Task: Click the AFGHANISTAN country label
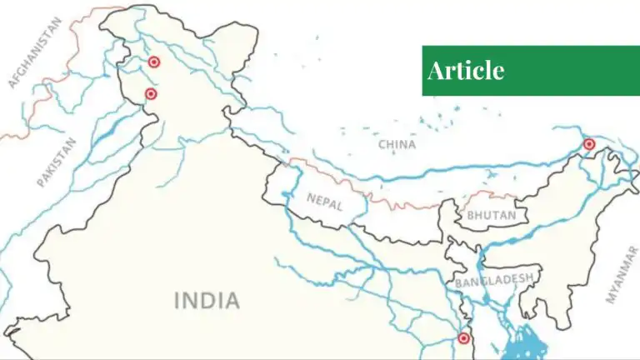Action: [35, 52]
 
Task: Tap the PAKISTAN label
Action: [57, 162]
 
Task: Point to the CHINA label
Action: [397, 144]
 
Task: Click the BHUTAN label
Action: [486, 216]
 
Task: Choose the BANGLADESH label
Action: [494, 281]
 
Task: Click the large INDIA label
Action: [207, 300]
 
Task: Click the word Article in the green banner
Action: [466, 71]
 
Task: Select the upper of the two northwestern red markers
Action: [153, 62]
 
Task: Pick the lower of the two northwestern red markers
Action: [151, 94]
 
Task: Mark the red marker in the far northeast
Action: [589, 144]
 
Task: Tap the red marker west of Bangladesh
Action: [463, 338]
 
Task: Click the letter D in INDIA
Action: [207, 300]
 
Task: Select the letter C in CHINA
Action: [382, 144]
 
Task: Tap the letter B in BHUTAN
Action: [471, 216]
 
